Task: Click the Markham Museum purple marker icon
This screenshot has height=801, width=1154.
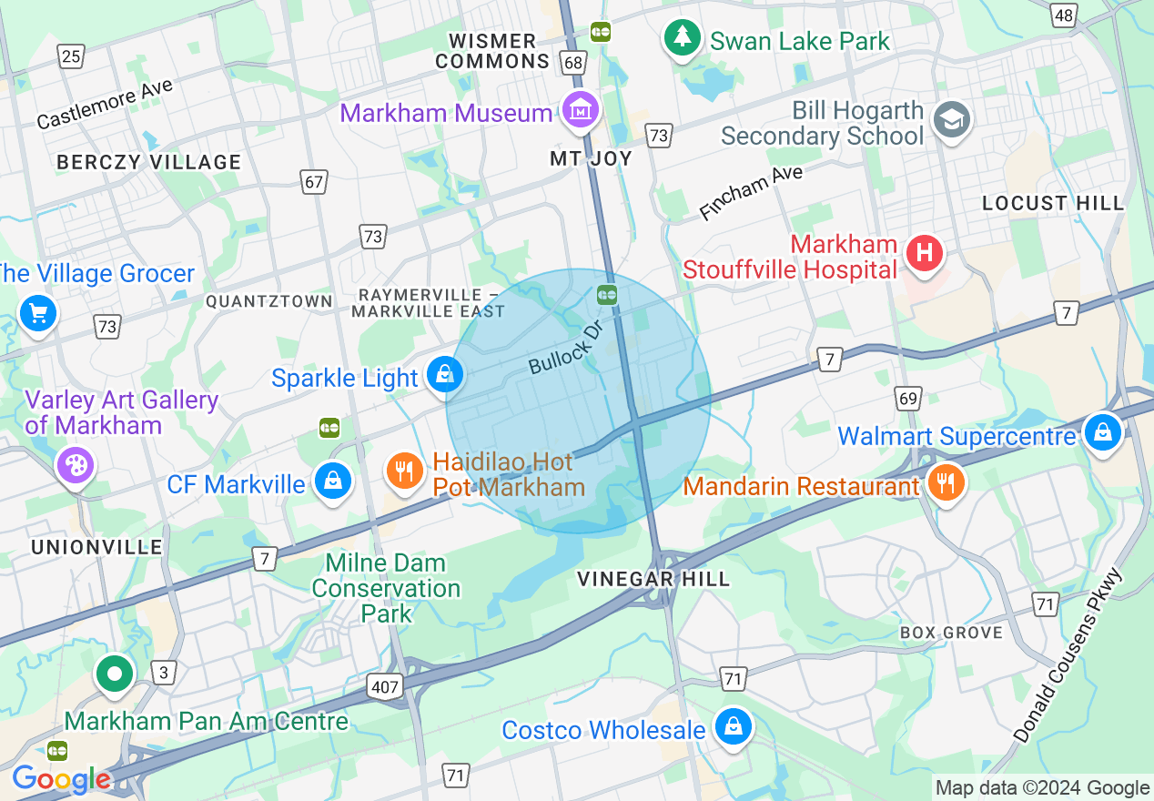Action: click(x=580, y=111)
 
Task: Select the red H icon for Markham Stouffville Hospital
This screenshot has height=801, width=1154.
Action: click(x=925, y=252)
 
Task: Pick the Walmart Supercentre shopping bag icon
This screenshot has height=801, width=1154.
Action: click(x=1102, y=432)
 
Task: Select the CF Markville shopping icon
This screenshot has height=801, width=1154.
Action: click(x=333, y=481)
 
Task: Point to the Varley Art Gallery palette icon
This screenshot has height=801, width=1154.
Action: click(x=76, y=466)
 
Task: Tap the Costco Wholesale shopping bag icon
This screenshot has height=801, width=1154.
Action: click(x=733, y=726)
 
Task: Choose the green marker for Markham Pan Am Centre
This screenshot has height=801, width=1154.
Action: click(x=116, y=674)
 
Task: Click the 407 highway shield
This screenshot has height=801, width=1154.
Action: click(x=385, y=686)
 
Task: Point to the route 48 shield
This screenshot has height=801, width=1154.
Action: click(x=1062, y=15)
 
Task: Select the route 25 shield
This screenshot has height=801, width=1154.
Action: click(x=71, y=57)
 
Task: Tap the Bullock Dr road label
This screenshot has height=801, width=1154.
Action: click(x=566, y=347)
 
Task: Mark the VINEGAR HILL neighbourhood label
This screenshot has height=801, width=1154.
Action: click(x=653, y=579)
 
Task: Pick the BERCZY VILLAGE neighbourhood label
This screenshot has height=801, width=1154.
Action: click(x=148, y=162)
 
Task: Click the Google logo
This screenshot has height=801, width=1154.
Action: click(x=62, y=779)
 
